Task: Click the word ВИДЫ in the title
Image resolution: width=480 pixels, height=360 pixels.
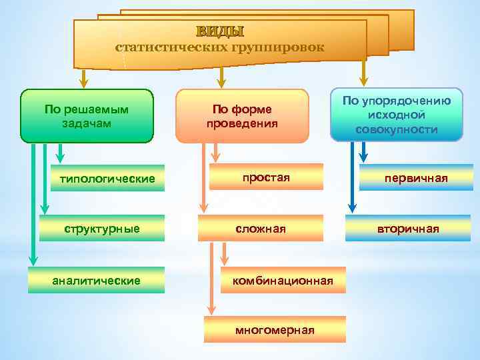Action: coord(220,31)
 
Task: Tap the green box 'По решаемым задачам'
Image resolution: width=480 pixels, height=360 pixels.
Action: coord(87,116)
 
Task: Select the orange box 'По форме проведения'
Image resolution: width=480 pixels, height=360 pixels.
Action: coord(242,116)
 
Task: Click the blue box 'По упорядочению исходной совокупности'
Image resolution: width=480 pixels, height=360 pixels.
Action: coord(397,115)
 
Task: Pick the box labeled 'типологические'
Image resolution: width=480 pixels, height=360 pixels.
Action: coord(107,179)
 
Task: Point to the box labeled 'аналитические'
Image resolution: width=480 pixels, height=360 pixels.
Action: coord(97,281)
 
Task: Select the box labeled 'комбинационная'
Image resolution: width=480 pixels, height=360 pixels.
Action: coord(282,281)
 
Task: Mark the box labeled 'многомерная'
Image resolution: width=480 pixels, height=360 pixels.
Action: coord(275,330)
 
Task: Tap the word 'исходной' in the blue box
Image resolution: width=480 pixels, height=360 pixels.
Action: coord(397,115)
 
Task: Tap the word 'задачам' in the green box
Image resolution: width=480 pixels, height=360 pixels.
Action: coord(87,123)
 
